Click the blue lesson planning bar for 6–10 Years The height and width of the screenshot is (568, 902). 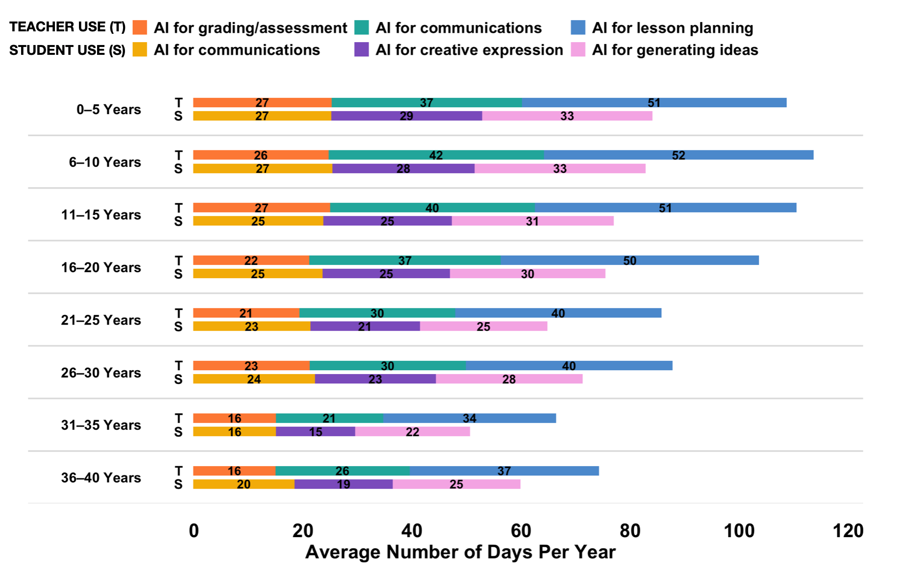pyautogui.click(x=678, y=155)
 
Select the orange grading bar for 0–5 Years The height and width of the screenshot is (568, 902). pyautogui.click(x=262, y=103)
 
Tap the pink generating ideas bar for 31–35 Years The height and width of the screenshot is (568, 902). pyautogui.click(x=412, y=431)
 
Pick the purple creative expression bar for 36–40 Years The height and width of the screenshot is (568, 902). pyautogui.click(x=343, y=484)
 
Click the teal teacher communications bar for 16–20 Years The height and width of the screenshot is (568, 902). pyautogui.click(x=405, y=260)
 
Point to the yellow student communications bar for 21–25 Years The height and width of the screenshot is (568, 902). pyautogui.click(x=251, y=326)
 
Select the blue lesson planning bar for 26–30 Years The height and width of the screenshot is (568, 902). pyautogui.click(x=569, y=366)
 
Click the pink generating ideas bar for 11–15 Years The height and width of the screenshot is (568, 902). pyautogui.click(x=532, y=221)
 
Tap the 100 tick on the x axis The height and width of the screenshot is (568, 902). pyautogui.click(x=739, y=531)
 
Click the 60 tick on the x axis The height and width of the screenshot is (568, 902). pyautogui.click(x=521, y=531)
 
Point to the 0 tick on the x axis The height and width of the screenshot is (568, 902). pyautogui.click(x=194, y=531)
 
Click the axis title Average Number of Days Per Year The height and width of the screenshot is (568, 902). pyautogui.click(x=460, y=552)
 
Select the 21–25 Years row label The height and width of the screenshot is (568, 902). pyautogui.click(x=101, y=320)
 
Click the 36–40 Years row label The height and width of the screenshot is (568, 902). pyautogui.click(x=101, y=478)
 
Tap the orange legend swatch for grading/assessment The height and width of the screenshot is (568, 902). pyautogui.click(x=140, y=27)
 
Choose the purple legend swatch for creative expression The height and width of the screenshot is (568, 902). pyautogui.click(x=361, y=49)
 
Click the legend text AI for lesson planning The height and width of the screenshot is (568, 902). pyautogui.click(x=673, y=28)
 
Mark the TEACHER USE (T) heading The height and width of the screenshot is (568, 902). pyautogui.click(x=68, y=27)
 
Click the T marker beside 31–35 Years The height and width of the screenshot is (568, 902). pyautogui.click(x=179, y=418)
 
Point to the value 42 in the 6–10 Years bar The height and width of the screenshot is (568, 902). pyautogui.click(x=436, y=155)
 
